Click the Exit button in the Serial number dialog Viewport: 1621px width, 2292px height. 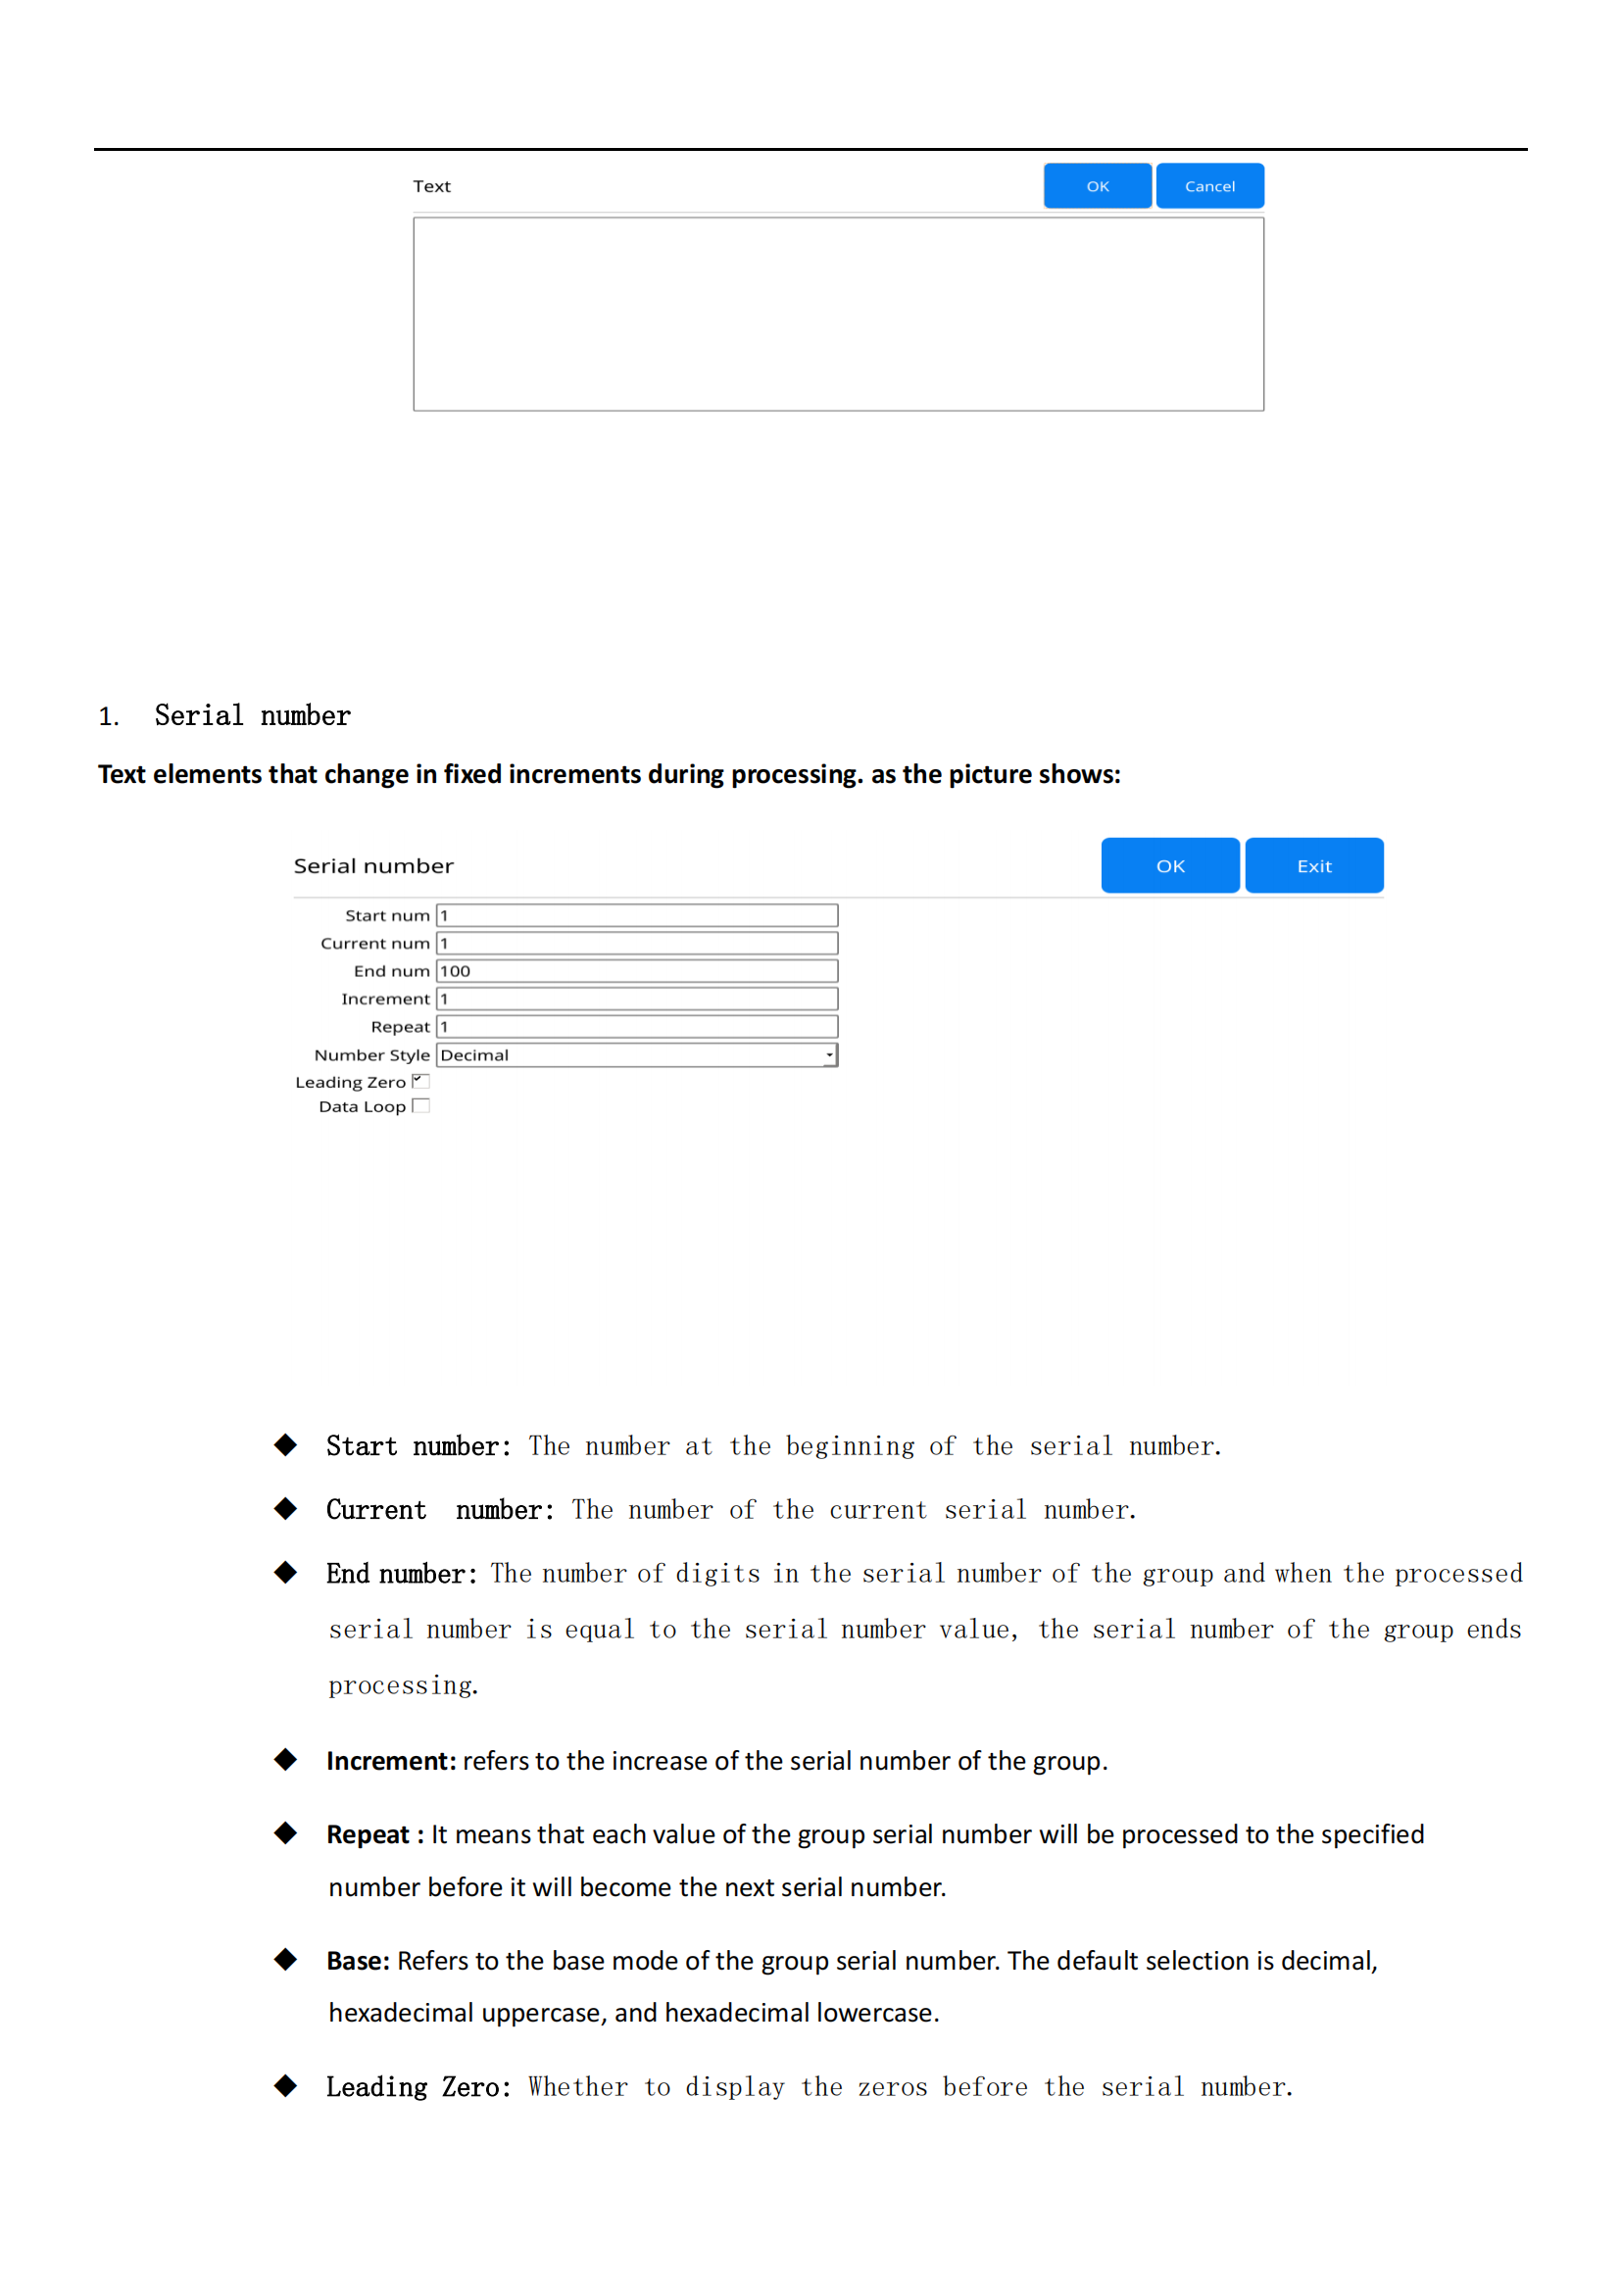[x=1313, y=865]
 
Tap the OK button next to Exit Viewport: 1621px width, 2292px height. [x=1170, y=865]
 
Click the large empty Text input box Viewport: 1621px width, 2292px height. [x=839, y=314]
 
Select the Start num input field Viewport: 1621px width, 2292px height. [x=637, y=915]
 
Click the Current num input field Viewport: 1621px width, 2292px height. [x=637, y=944]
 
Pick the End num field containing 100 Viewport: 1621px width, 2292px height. [x=637, y=971]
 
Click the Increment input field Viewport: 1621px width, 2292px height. [x=637, y=1000]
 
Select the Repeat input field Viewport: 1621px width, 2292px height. [x=637, y=1026]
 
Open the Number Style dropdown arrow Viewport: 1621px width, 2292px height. [x=829, y=1055]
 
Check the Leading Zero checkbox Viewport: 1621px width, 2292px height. [x=421, y=1081]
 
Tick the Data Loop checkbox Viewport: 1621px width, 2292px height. [x=421, y=1106]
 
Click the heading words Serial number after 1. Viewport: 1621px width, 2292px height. [x=253, y=715]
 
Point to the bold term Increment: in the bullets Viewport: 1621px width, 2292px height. [x=390, y=1761]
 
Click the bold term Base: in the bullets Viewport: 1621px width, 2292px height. [x=358, y=1961]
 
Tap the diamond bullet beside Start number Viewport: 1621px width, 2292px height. [x=285, y=1444]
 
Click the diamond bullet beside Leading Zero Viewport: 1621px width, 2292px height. [x=285, y=2085]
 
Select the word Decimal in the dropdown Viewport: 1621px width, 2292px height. [x=474, y=1055]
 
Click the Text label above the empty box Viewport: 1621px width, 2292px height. [x=431, y=187]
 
